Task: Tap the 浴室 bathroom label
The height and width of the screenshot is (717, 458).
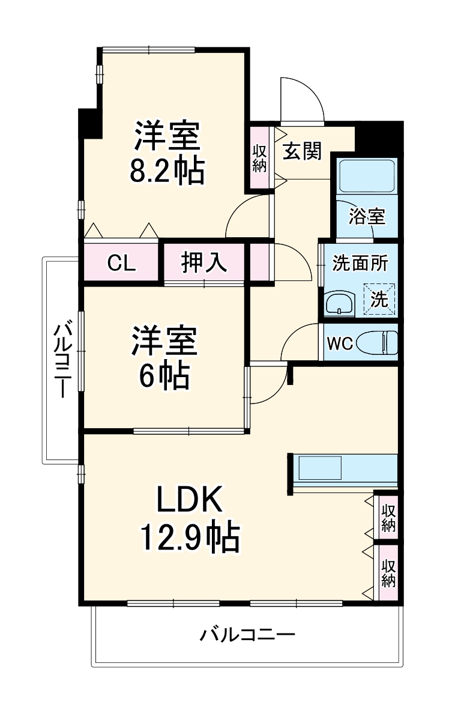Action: click(x=367, y=216)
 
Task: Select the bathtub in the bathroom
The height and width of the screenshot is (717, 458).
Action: click(x=366, y=176)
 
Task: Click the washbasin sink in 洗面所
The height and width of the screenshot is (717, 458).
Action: click(x=340, y=304)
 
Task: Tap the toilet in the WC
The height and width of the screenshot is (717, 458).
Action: click(x=379, y=343)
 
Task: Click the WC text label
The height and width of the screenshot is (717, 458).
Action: click(x=339, y=344)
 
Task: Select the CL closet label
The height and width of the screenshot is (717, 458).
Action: click(x=122, y=263)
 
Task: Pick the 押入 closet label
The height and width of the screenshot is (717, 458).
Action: click(x=204, y=263)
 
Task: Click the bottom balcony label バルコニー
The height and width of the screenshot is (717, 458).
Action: click(x=248, y=634)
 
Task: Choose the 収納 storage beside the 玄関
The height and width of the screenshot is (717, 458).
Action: click(x=259, y=158)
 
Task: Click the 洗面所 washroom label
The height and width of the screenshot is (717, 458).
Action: click(x=361, y=263)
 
